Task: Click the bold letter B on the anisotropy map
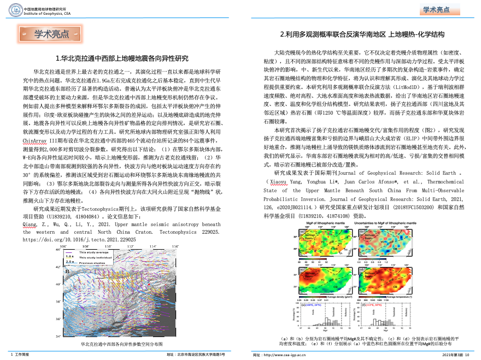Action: pyautogui.click(x=67, y=271)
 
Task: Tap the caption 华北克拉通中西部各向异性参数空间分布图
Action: pyautogui.click(x=121, y=344)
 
